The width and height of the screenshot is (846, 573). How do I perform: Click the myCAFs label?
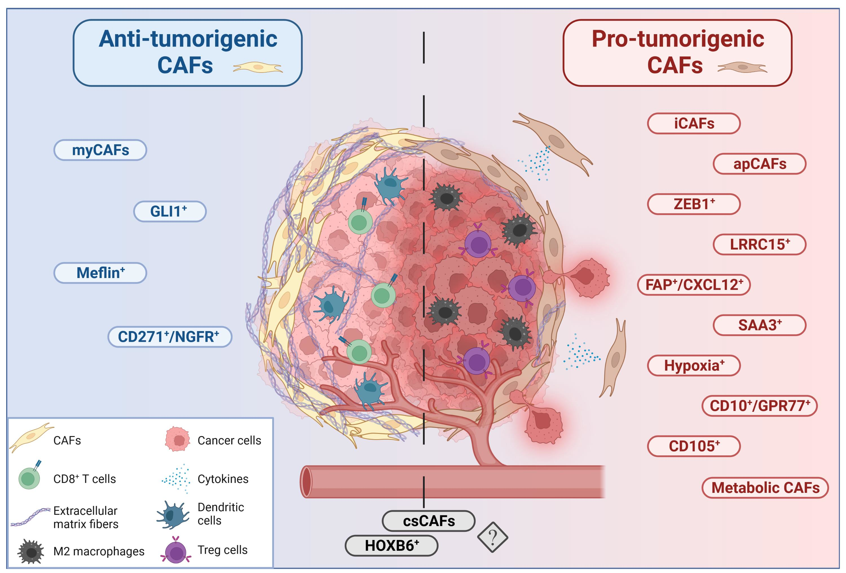click(100, 150)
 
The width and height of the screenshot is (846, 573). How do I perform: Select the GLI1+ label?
click(170, 211)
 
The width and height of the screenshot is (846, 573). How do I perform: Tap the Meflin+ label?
click(100, 273)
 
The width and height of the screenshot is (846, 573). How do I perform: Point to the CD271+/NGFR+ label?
click(170, 336)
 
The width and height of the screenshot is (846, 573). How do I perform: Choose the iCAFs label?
click(694, 123)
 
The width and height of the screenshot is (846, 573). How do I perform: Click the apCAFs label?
click(760, 164)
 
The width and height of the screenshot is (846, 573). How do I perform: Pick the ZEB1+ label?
click(694, 204)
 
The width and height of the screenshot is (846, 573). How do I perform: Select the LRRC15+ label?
click(760, 244)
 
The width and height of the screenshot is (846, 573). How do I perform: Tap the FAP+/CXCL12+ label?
click(694, 285)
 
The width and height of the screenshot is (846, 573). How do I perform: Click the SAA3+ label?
click(760, 325)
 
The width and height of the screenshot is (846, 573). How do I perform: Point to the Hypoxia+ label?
click(694, 365)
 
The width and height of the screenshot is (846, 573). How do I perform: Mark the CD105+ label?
click(694, 446)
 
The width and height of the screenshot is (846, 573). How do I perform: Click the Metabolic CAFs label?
click(765, 488)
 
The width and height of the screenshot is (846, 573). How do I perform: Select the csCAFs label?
click(428, 521)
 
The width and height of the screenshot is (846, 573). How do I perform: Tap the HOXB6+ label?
click(391, 546)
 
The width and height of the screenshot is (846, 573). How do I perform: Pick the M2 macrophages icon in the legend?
click(31, 552)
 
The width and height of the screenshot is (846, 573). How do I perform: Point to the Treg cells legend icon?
click(176, 550)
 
